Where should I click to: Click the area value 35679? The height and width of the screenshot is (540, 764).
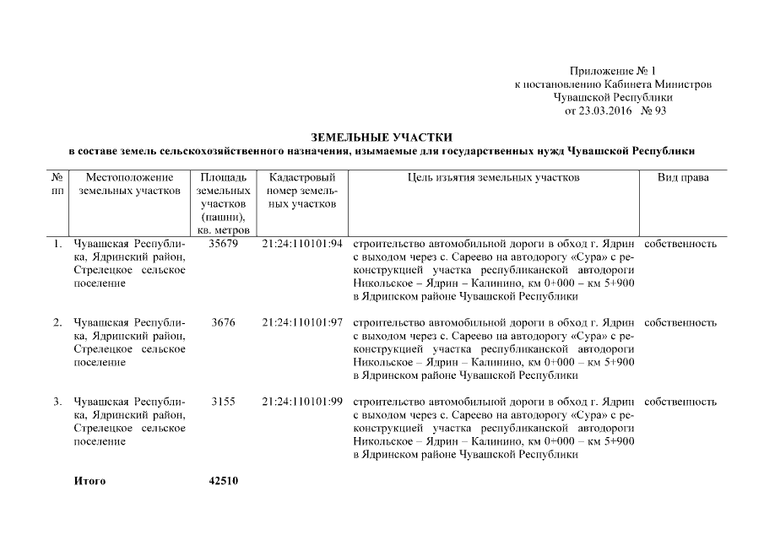coord(224,244)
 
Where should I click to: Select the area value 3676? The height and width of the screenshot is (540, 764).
coord(224,322)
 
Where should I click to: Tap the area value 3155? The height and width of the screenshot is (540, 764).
coord(224,402)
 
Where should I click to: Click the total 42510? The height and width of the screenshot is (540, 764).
coord(224,481)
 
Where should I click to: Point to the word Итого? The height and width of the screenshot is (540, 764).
coord(89,481)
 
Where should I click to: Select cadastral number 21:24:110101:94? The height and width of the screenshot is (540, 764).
coord(302,244)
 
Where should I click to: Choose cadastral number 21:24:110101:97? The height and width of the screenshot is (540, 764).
coord(302,322)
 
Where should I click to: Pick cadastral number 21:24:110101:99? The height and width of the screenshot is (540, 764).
coord(302,402)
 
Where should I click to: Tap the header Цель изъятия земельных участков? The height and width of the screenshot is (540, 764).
coord(493,178)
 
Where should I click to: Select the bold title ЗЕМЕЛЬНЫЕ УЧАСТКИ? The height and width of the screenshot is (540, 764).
coord(382,137)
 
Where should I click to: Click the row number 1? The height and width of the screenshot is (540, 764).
coord(57,244)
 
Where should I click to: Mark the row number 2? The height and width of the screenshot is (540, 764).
coord(57,322)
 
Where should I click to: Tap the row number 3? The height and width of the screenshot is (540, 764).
coord(57,402)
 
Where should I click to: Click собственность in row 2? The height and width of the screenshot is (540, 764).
coord(680,322)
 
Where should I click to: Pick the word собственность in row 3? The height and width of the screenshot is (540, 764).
coord(680,402)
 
